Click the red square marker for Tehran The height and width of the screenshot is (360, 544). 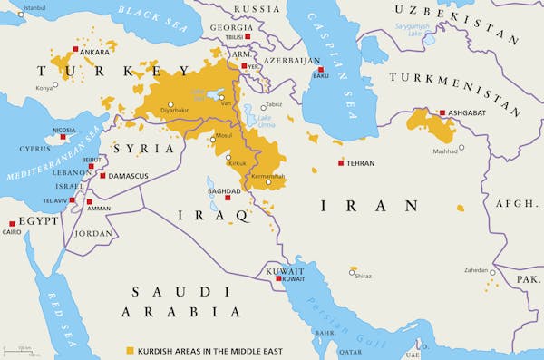pos(341,163)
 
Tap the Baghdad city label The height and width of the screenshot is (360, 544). pos(224,191)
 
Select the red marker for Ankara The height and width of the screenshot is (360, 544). pos(75,52)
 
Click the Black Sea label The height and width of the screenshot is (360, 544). pos(151,21)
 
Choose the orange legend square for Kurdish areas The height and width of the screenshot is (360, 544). pos(130,349)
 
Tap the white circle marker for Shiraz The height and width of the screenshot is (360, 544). pos(353,269)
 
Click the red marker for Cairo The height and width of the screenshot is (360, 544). pos(12,223)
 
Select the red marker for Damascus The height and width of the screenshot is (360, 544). pos(103,175)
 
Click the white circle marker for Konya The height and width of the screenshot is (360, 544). pos(56,85)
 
